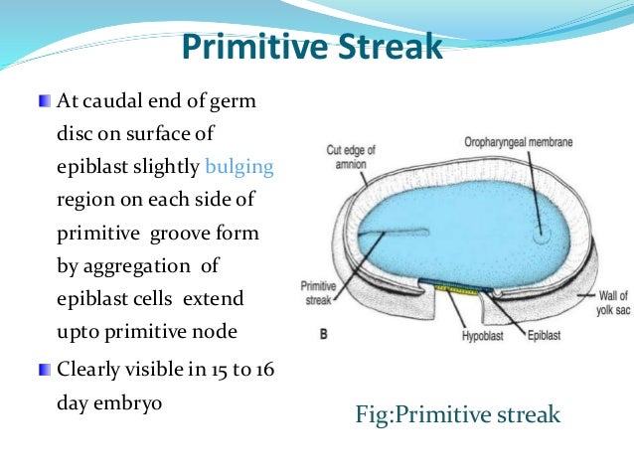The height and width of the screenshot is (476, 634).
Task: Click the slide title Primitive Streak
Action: (x=312, y=47)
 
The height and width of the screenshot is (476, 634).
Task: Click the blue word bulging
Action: (x=239, y=166)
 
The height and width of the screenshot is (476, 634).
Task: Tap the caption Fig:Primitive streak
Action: (x=457, y=413)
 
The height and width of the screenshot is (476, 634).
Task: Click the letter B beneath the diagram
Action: (x=323, y=335)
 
